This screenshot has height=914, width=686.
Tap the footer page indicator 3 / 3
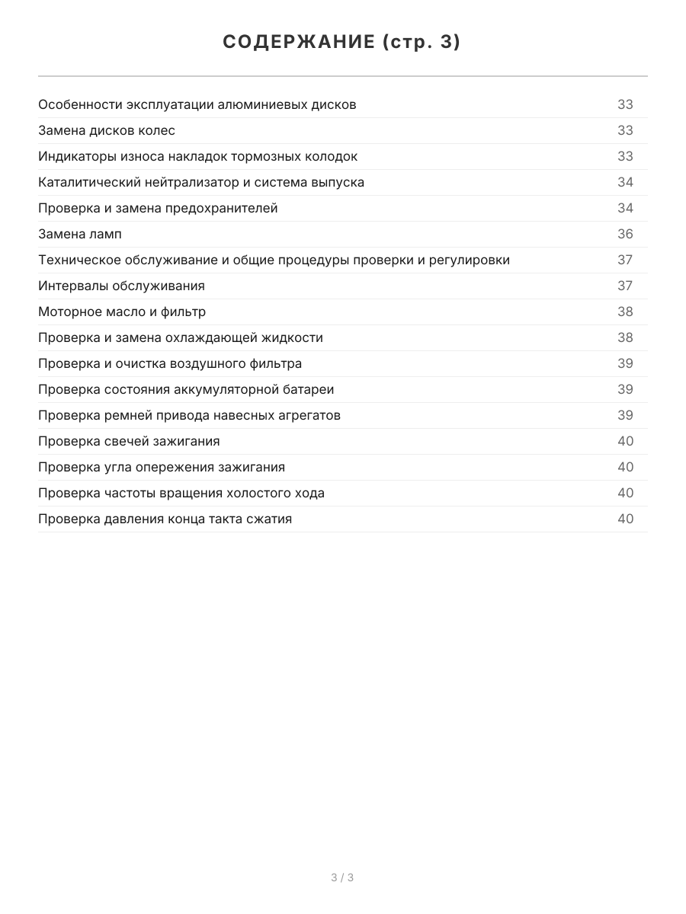point(342,877)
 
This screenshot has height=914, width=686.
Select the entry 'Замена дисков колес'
point(107,130)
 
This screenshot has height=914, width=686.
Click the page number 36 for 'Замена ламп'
point(625,234)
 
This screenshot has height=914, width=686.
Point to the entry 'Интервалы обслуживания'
point(121,286)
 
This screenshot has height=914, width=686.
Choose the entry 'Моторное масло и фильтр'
point(122,312)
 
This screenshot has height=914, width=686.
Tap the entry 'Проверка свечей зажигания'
point(129,441)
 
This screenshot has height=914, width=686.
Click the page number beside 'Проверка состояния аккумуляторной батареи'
point(625,389)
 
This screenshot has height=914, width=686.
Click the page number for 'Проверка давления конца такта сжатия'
point(625,519)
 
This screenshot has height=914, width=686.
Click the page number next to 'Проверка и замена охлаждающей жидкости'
point(625,337)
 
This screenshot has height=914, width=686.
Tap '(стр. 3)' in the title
point(422,43)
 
